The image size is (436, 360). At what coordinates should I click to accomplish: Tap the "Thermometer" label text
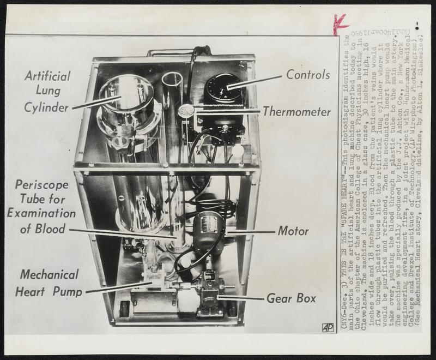tap(296, 112)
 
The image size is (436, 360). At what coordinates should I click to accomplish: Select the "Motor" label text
tap(293, 231)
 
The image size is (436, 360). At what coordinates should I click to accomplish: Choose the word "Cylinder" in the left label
tap(46, 107)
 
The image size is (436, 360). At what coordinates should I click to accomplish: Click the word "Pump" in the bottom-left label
tap(67, 292)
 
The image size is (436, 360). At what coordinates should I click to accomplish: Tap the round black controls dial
tap(223, 86)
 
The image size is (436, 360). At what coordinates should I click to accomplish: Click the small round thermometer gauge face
tap(186, 111)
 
